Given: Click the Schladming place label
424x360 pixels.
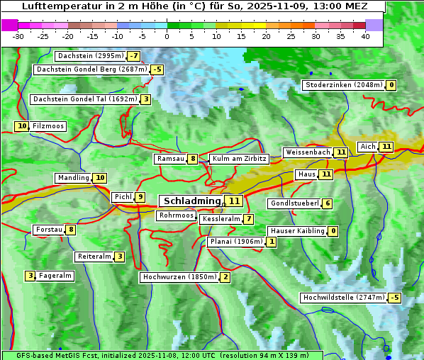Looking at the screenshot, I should [189, 201].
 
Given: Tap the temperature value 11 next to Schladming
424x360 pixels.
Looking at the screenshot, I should [234, 201].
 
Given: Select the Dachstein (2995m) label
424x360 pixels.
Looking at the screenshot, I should [90, 56].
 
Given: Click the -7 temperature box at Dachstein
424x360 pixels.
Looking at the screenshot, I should [133, 56].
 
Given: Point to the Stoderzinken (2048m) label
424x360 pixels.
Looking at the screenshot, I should [343, 85].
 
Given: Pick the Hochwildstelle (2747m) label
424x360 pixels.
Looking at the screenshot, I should [343, 298].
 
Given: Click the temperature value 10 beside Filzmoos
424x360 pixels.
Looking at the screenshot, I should [22, 126].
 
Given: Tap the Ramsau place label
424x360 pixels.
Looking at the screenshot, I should [170, 159].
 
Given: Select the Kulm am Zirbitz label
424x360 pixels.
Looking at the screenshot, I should [239, 159].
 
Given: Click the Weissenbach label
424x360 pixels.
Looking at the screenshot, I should [308, 152].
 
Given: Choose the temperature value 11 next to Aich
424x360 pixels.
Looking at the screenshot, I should [386, 147].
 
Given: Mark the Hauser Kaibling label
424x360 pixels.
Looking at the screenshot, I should [297, 231].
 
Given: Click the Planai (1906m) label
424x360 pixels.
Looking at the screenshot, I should [236, 242].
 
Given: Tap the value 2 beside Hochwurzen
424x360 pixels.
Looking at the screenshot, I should [225, 277].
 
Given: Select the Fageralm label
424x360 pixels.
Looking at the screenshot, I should [55, 276].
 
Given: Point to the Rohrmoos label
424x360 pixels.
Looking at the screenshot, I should [176, 215].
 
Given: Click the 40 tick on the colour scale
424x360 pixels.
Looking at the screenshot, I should [365, 36].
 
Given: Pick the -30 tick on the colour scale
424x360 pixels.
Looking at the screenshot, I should [18, 36].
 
